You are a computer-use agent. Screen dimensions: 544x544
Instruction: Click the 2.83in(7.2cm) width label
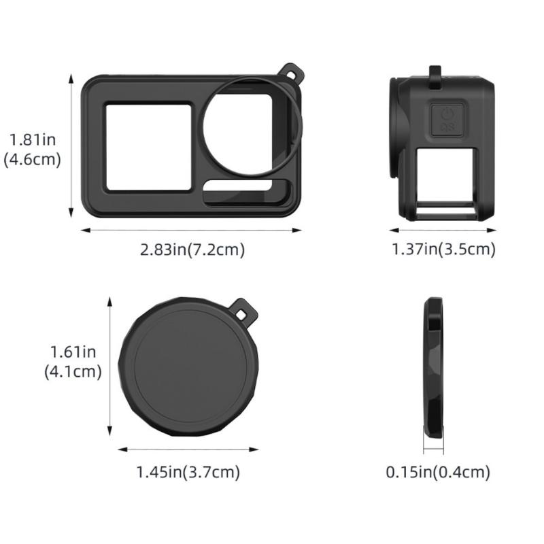[x=192, y=250]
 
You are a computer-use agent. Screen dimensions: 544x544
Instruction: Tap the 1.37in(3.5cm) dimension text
[x=443, y=250]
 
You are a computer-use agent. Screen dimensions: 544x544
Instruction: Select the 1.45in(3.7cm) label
[x=188, y=471]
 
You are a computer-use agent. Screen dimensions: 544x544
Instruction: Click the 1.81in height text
[x=32, y=140]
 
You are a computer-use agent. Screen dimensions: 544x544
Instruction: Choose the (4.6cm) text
[x=32, y=160]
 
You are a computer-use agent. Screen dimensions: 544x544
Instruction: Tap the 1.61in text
[x=73, y=352]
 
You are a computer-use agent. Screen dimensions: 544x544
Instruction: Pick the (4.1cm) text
[x=73, y=372]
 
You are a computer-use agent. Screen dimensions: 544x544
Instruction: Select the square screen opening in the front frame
[x=148, y=146]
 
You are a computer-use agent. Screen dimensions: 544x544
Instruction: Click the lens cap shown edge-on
[x=433, y=367]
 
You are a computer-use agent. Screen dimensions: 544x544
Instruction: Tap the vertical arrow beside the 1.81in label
[x=71, y=146]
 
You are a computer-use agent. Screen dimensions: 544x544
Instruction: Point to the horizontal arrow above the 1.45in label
[x=188, y=449]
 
